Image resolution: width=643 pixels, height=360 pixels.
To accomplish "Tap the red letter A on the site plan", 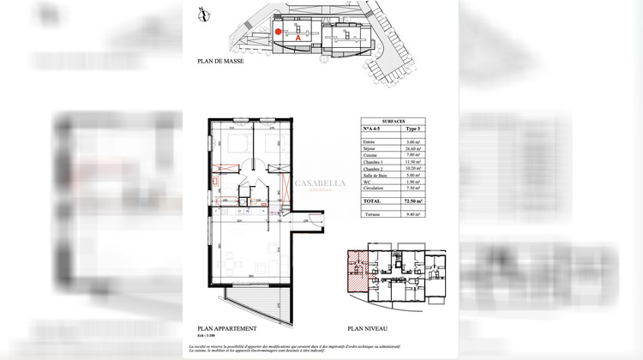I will pyautogui.click(x=297, y=39).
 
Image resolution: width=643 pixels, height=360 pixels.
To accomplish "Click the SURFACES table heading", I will pyautogui.click(x=394, y=122).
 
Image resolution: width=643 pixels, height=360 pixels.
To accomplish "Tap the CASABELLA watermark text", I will pyautogui.click(x=320, y=183).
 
